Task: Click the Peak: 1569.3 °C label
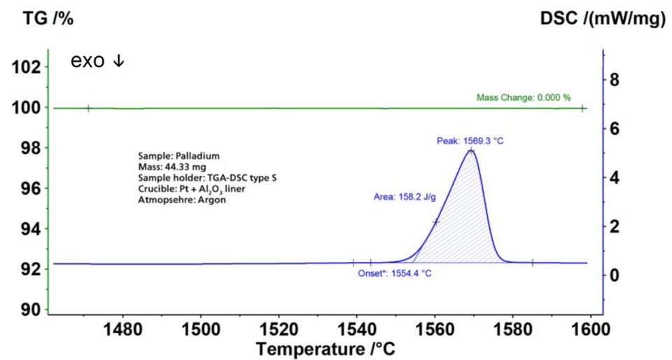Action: tap(470, 141)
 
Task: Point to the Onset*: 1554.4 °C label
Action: tap(395, 273)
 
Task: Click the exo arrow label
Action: tap(97, 62)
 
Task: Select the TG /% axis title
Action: tap(39, 20)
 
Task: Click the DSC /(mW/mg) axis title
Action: tap(603, 20)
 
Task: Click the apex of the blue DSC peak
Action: tap(471, 150)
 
